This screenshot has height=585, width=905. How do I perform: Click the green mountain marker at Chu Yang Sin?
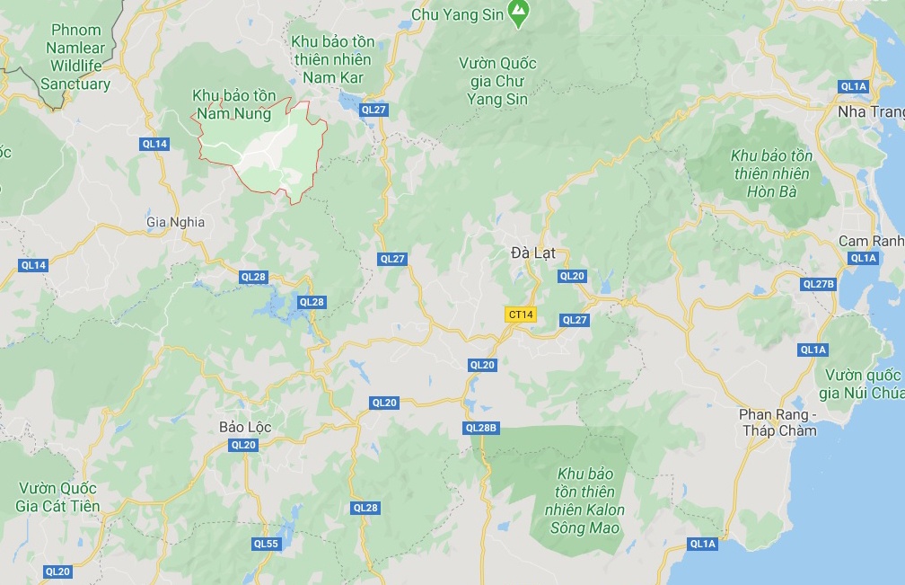(518, 12)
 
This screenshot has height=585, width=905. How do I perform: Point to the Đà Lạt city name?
(533, 253)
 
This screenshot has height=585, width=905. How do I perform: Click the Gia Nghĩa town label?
(175, 222)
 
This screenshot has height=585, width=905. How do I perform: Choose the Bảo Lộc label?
(245, 426)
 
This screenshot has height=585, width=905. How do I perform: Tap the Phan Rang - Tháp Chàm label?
(778, 422)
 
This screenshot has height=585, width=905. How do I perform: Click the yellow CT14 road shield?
(521, 315)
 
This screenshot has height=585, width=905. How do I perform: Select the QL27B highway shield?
(818, 284)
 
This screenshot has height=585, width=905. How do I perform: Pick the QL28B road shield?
(481, 428)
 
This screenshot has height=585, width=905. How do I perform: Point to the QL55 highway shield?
(266, 544)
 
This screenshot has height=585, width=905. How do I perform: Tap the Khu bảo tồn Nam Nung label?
(233, 104)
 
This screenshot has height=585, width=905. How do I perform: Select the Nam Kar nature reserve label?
(332, 59)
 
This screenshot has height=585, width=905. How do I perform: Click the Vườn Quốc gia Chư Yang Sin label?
(497, 81)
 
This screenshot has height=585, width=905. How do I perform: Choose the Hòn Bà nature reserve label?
(771, 173)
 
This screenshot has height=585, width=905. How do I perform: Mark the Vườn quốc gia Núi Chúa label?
(859, 384)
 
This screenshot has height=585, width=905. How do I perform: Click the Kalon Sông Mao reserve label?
(584, 501)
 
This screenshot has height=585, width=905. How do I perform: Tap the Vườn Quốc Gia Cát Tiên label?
(57, 497)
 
